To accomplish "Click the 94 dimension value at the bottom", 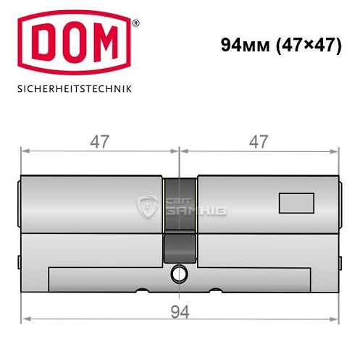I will coord(180,311).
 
